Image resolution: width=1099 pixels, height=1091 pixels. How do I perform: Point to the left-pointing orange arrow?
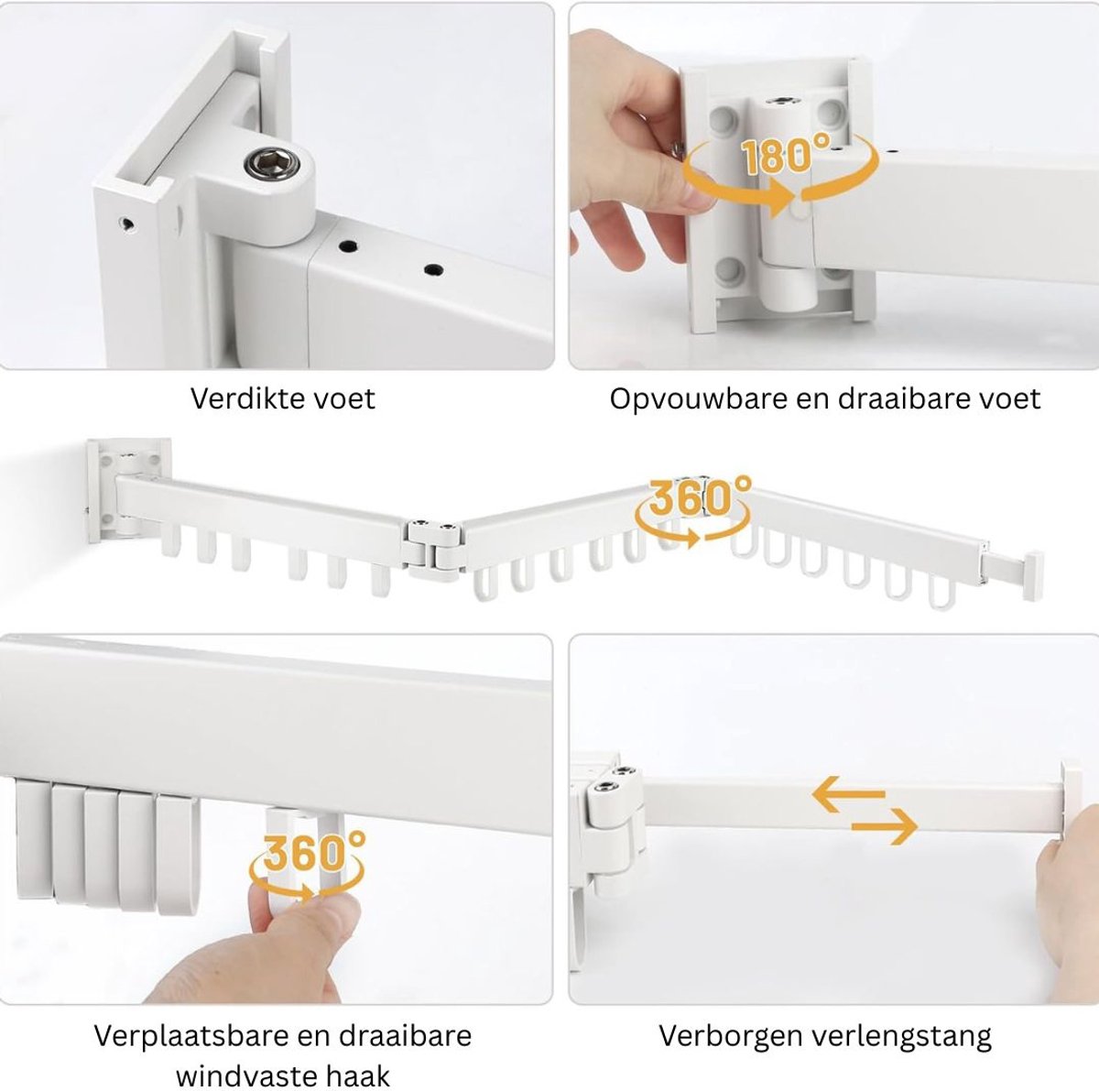(849, 793)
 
